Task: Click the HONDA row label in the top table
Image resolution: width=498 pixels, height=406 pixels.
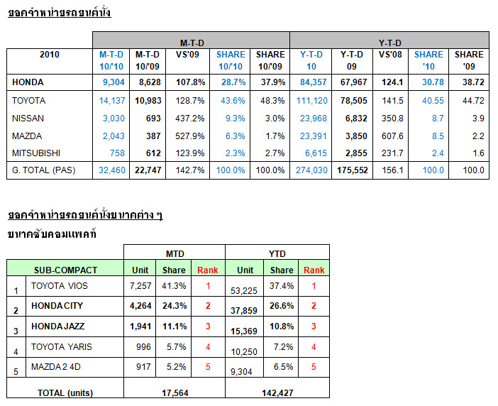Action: pos(28,83)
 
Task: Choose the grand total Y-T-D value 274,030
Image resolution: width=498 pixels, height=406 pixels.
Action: pos(312,170)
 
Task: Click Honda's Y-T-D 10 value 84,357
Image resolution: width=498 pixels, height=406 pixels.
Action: pos(312,83)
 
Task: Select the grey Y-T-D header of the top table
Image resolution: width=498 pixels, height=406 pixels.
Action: pos(389,40)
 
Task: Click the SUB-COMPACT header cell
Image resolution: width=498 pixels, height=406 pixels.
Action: pos(65,270)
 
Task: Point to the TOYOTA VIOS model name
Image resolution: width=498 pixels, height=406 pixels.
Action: pos(59,285)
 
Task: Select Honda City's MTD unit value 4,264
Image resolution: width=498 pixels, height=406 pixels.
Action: pos(140,306)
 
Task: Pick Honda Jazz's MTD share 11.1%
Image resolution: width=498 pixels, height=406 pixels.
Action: pos(174,325)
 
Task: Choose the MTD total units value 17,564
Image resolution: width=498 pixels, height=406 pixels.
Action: pos(174,393)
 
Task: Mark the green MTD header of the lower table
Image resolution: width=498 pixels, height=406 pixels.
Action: pos(175,252)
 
